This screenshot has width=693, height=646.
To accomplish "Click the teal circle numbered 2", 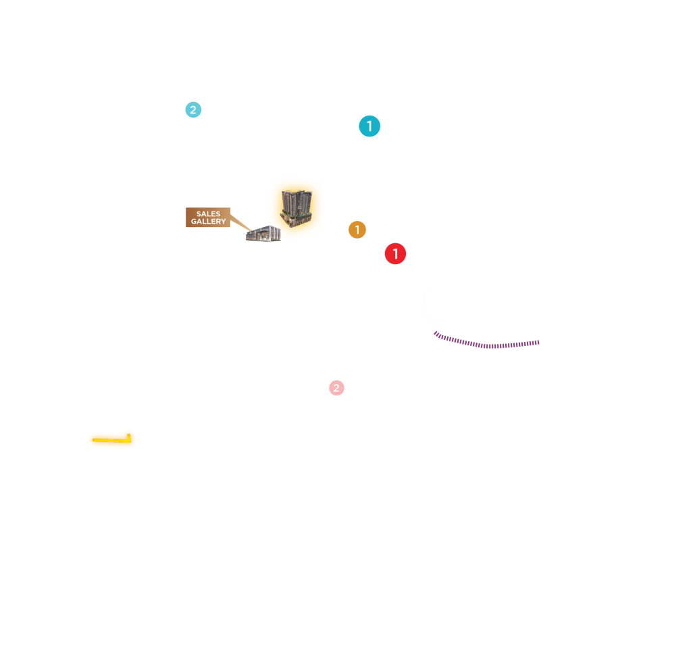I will [x=193, y=109].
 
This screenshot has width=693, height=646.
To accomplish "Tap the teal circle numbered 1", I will [x=369, y=126].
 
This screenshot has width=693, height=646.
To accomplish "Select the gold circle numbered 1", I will [x=357, y=230].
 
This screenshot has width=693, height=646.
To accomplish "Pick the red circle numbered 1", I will [x=395, y=254].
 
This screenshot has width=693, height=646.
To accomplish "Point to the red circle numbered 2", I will [x=336, y=388].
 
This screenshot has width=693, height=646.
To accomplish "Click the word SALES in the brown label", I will [x=208, y=214].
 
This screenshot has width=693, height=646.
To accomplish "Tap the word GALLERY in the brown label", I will [x=208, y=222].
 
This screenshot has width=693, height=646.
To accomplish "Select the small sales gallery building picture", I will [x=263, y=234].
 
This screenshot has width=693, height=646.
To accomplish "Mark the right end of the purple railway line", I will [x=538, y=343].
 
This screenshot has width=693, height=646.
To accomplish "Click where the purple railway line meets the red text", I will [x=436, y=333].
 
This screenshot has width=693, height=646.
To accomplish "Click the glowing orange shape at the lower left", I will [x=112, y=440].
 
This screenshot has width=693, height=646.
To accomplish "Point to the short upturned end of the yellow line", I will [x=129, y=436].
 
